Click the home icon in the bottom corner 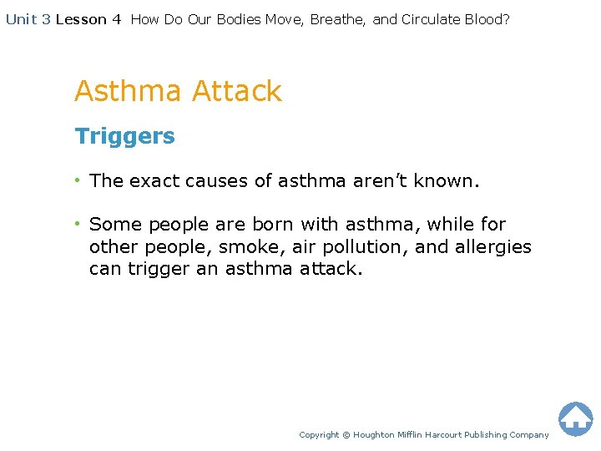coord(575,418)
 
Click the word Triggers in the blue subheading coord(124,136)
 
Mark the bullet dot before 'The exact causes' coord(78,180)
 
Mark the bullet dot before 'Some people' coord(78,225)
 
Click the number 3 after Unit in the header coord(46,19)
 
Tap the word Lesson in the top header coord(82,19)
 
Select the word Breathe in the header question coord(337,19)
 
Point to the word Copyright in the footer coord(319,435)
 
